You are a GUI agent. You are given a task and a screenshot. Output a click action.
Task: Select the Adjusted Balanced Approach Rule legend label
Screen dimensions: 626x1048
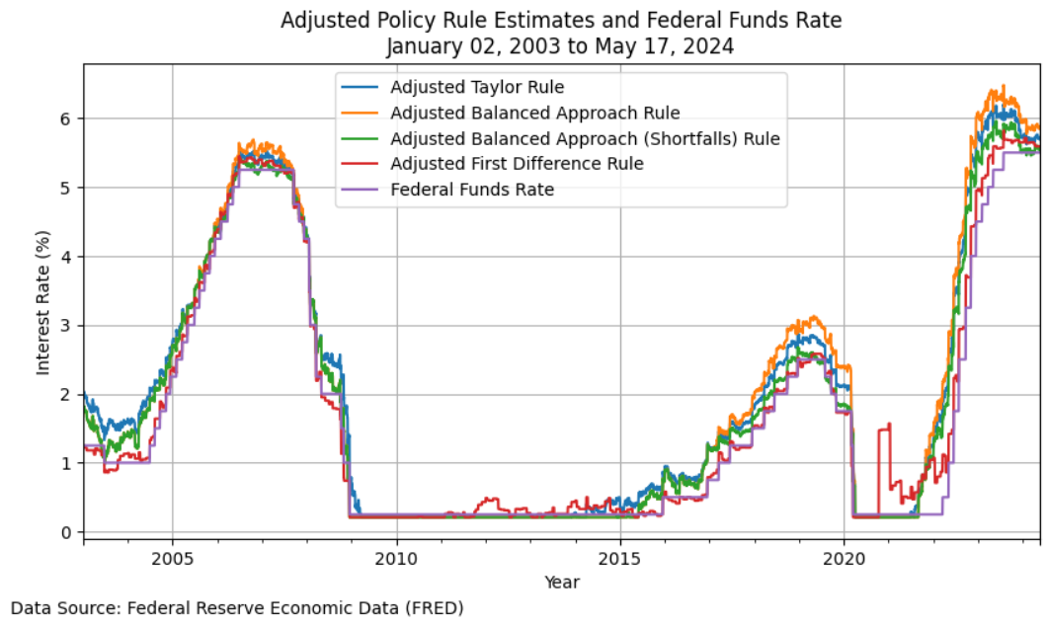tap(535, 113)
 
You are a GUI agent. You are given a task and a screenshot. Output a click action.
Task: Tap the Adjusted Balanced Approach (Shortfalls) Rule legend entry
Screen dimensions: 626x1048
tap(586, 138)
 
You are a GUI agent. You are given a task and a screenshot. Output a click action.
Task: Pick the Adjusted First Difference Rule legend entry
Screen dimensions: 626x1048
tap(518, 164)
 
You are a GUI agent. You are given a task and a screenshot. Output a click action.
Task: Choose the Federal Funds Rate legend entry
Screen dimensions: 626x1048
tap(472, 190)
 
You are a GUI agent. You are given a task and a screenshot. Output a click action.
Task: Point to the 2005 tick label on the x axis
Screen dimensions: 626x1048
tap(173, 558)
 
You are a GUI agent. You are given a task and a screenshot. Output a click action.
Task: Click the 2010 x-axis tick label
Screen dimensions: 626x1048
tap(396, 558)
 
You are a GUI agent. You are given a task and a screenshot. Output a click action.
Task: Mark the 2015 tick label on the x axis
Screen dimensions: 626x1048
tap(620, 558)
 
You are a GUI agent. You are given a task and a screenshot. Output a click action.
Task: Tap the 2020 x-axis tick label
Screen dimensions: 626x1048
tap(845, 558)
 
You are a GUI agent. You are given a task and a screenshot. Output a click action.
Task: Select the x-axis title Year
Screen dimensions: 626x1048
tap(562, 582)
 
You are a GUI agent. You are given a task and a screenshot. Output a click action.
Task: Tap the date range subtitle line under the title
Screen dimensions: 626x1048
tap(561, 46)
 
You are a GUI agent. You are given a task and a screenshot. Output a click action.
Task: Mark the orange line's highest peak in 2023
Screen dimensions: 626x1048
tap(1003, 86)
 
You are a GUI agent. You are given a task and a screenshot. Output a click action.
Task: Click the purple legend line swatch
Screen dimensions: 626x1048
tap(361, 190)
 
